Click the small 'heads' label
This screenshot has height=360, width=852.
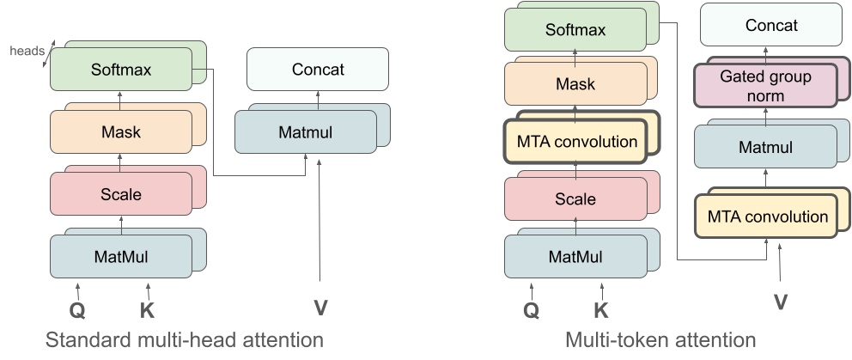click(x=27, y=51)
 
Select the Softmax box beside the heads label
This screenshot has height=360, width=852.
click(x=120, y=70)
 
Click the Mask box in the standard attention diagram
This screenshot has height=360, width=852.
click(x=120, y=132)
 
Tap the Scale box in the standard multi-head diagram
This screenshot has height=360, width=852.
click(x=120, y=194)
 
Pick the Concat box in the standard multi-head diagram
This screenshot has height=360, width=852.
click(x=318, y=69)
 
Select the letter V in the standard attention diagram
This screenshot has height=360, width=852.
click(x=319, y=306)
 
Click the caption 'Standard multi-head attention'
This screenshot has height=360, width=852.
click(x=184, y=340)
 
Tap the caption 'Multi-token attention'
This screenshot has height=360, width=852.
click(x=660, y=340)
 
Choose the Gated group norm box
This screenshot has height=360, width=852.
click(x=764, y=87)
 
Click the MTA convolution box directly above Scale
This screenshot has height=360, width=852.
click(x=575, y=141)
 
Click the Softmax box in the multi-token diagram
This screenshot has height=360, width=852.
click(x=575, y=30)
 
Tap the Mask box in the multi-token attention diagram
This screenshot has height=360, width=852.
click(x=575, y=85)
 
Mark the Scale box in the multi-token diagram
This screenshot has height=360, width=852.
click(x=575, y=199)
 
